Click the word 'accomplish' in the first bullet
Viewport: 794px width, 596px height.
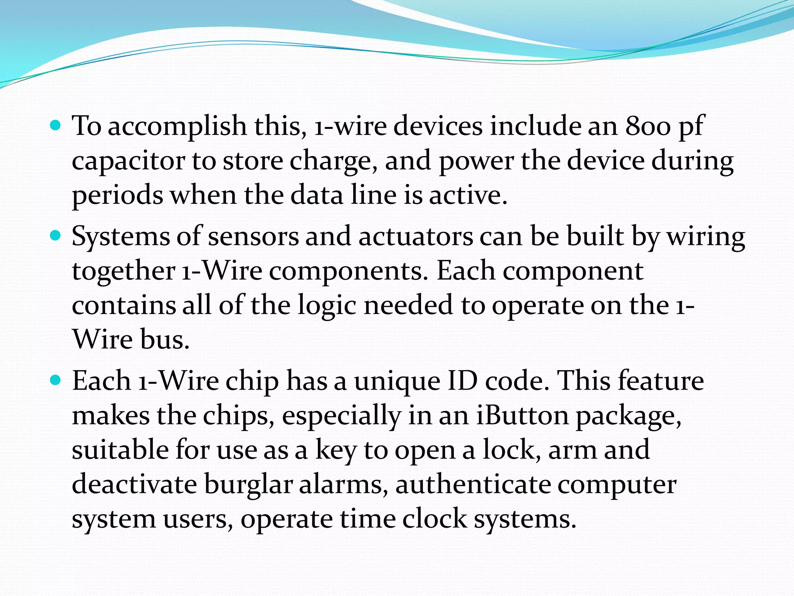177,126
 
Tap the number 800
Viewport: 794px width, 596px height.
648,126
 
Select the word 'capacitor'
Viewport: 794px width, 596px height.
128,161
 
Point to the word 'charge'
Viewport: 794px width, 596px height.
333,161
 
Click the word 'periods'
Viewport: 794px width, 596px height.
117,195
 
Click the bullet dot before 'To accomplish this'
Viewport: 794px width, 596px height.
56,125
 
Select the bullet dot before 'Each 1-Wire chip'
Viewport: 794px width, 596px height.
56,380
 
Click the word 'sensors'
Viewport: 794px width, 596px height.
253,237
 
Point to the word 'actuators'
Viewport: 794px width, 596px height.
415,237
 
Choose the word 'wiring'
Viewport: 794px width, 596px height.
705,237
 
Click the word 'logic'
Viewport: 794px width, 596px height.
327,305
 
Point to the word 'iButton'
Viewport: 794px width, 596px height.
522,416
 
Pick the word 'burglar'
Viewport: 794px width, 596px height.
248,485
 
